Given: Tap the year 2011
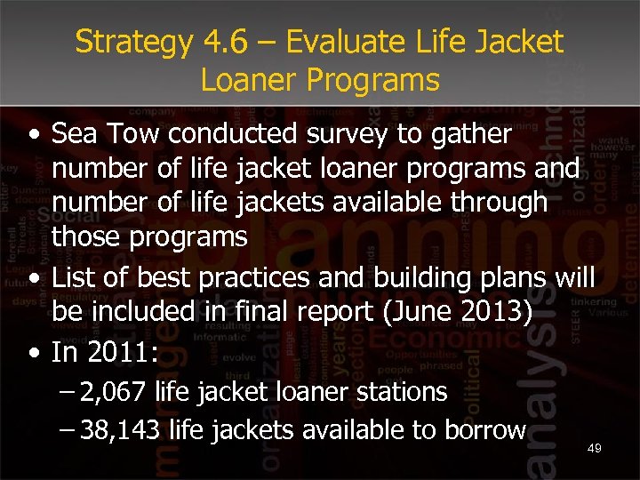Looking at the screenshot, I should [116, 353].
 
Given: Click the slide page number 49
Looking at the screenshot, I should [595, 449].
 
